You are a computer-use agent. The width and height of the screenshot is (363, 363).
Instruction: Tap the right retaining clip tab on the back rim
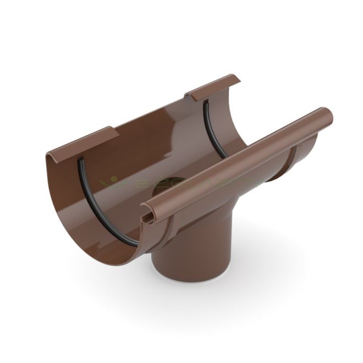pos(215,85)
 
